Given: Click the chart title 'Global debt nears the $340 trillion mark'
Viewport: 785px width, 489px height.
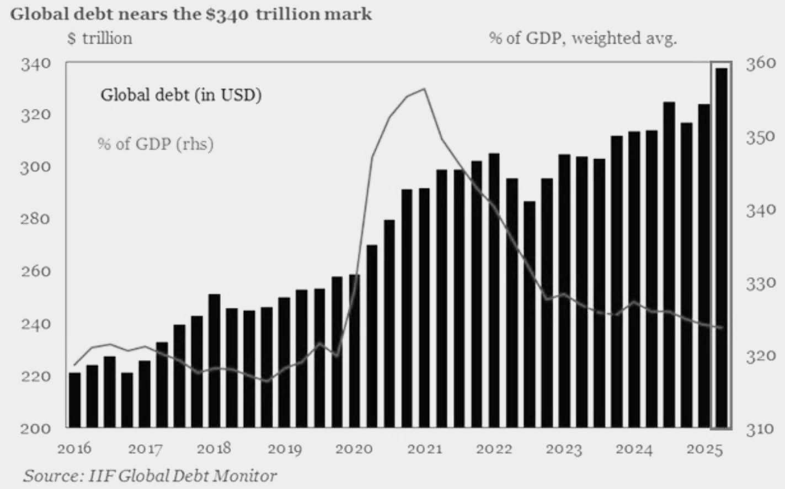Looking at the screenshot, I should coord(191,13).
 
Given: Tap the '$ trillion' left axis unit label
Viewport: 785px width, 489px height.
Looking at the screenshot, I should coord(99,38).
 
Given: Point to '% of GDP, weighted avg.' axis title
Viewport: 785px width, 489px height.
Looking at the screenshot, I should coord(582,38).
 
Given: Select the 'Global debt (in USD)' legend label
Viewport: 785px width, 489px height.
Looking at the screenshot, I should coord(181,95).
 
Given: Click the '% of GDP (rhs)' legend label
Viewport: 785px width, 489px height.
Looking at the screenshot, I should coord(156,144).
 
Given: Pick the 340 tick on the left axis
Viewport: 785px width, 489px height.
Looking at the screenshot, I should coord(36,64).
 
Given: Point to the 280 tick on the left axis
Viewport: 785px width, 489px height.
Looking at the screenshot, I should coord(36,219).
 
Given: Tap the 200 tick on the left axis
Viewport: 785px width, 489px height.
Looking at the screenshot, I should coord(36,428).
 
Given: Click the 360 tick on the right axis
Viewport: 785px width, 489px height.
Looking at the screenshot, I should coord(761,64).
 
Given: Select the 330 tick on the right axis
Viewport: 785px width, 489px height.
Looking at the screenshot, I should coord(761,283).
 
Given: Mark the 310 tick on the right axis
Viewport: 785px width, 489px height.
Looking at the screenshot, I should coord(761,428).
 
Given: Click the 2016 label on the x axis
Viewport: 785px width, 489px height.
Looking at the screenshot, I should coord(74,448).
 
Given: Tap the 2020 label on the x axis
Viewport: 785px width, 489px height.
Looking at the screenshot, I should coord(354,448).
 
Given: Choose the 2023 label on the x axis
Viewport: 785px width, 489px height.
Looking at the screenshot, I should coord(564,448).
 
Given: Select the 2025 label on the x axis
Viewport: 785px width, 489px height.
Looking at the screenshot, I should coord(704,448).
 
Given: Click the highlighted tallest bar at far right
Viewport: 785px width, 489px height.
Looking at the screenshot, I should coord(721,249).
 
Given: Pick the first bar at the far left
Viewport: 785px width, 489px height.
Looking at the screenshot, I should coord(74,400).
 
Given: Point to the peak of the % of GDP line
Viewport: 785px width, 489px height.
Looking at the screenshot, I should coord(424,89).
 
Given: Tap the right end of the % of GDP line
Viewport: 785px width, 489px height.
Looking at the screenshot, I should coord(722,328).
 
